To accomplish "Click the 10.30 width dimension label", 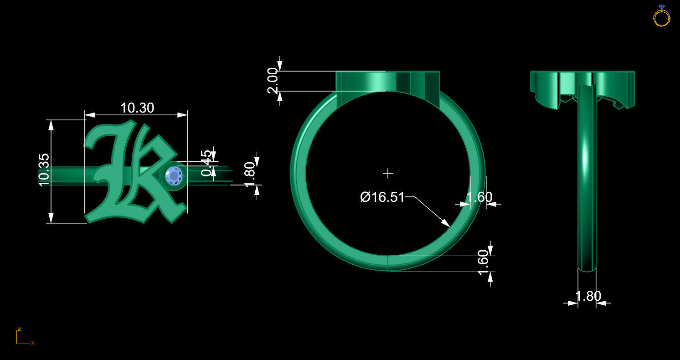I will tap(137, 108).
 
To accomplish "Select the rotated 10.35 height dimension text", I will tap(44, 169).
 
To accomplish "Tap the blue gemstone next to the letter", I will tap(174, 175).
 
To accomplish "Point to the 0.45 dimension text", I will tap(207, 163).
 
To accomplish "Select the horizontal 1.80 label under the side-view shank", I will tap(588, 296).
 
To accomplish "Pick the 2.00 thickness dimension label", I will tap(273, 81).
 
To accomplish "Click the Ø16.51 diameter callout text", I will tap(382, 197).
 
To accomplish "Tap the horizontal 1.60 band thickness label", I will tap(479, 197).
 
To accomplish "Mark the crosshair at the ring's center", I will tap(388, 173).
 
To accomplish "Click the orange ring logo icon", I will tap(661, 16).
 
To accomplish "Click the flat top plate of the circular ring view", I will tap(387, 81).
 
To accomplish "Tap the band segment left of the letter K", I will tap(68, 175).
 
